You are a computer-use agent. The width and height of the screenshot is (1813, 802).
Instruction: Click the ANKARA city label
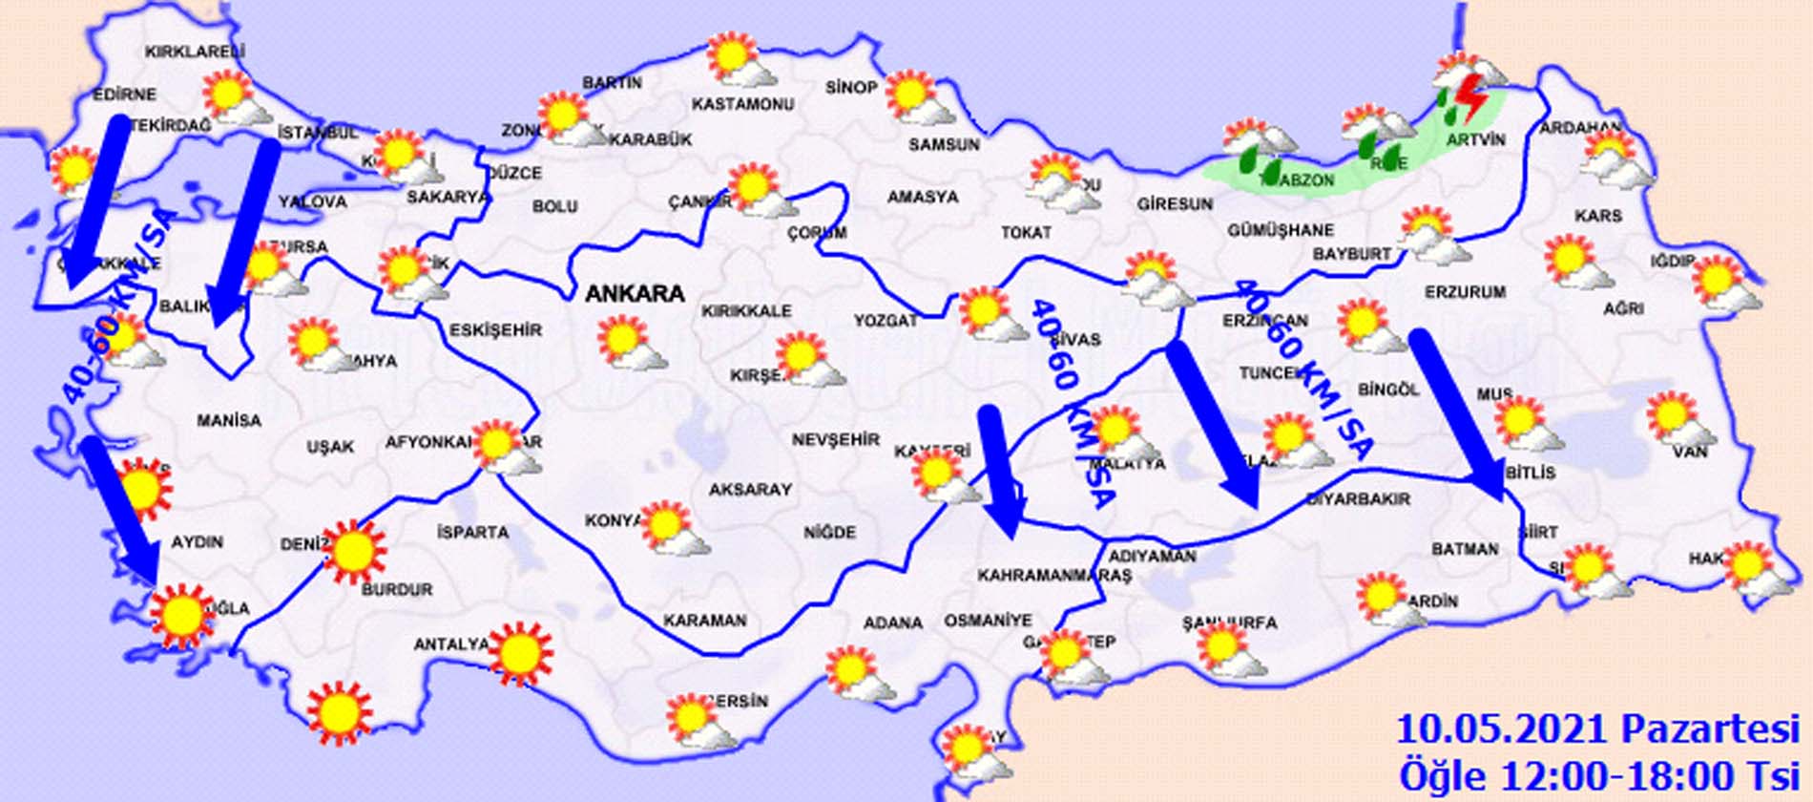click(635, 293)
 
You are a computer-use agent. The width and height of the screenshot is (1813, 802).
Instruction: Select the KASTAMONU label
click(742, 103)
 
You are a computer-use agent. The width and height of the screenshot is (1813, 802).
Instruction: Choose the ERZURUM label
click(1465, 291)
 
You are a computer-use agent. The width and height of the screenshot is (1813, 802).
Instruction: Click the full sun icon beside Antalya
click(518, 653)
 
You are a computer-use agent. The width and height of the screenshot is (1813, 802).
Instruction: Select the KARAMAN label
click(704, 621)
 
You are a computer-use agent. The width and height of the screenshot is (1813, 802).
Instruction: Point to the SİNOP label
click(851, 87)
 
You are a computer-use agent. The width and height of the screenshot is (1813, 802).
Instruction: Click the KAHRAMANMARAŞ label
click(1053, 576)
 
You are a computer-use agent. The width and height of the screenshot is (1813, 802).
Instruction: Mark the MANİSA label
click(229, 420)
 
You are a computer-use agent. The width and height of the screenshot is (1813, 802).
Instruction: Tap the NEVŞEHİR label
click(835, 439)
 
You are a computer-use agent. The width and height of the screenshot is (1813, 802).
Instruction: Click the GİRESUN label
click(1175, 203)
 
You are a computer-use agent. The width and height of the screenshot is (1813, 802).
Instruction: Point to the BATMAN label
click(1465, 549)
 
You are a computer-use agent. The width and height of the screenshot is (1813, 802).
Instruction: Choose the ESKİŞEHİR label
click(495, 330)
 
